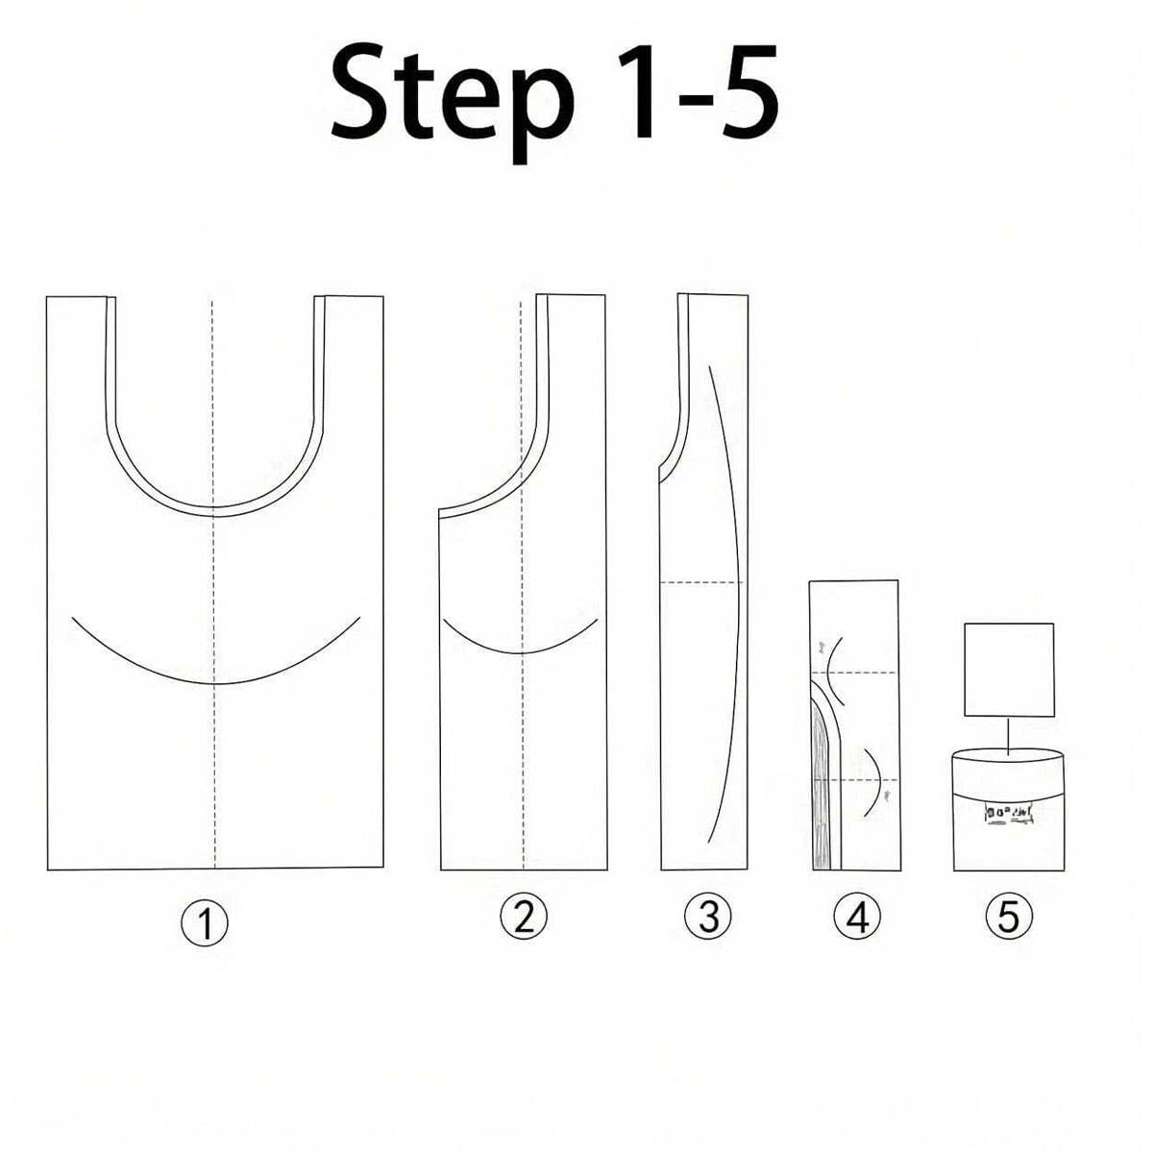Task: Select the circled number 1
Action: [205, 924]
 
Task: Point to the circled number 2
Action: [524, 918]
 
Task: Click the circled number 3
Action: [708, 918]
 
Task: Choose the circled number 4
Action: [857, 918]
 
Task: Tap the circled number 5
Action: [1008, 918]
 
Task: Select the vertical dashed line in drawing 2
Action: [522, 749]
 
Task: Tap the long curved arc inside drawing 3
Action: [734, 576]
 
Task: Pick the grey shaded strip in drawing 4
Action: [822, 797]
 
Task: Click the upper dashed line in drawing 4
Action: [865, 672]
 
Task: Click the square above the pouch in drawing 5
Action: [1009, 670]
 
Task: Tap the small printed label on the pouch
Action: [1007, 815]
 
